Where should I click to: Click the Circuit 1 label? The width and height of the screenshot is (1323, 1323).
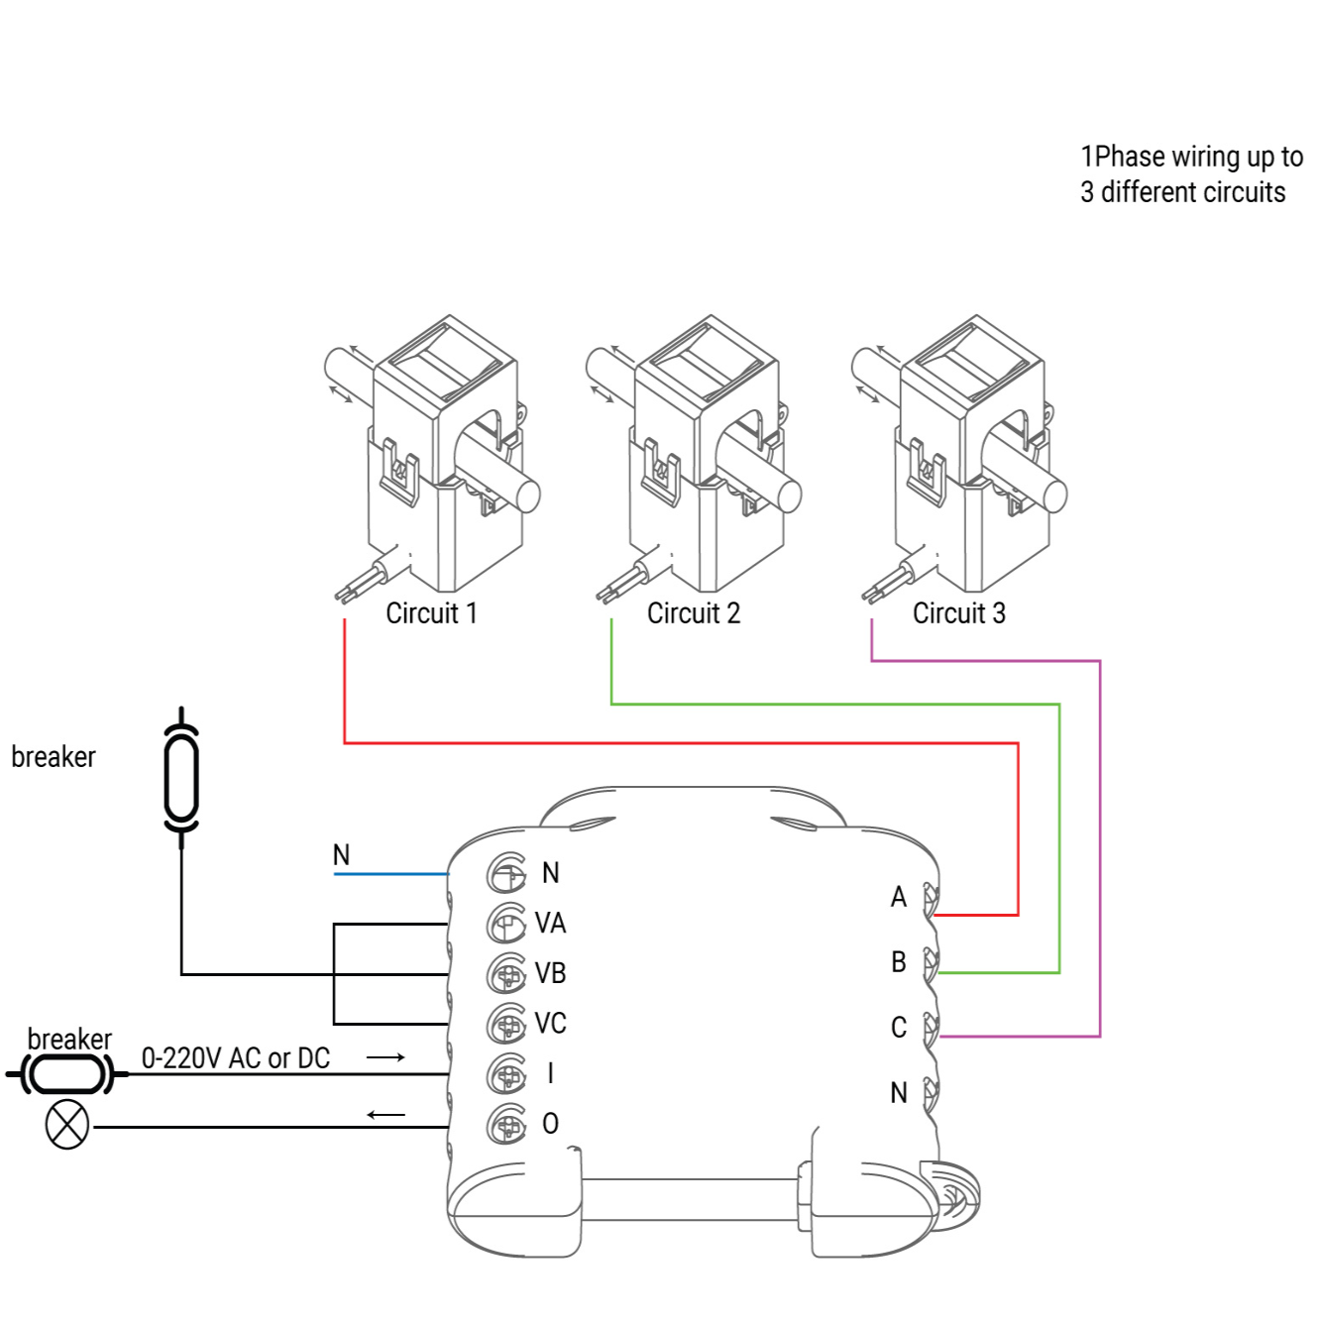[x=431, y=613]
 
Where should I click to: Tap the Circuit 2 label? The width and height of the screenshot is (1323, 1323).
[x=693, y=613]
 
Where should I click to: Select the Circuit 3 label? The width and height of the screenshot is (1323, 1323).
[x=958, y=613]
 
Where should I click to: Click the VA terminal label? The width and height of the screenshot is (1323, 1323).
[x=550, y=924]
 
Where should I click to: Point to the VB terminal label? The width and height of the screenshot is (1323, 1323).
[x=550, y=973]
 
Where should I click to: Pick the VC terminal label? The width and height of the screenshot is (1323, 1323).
[x=550, y=1023]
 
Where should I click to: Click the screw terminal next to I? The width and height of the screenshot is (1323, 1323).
[x=506, y=1073]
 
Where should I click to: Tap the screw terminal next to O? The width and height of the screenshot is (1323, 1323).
[x=506, y=1124]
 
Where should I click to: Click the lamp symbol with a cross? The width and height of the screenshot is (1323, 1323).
[x=67, y=1126]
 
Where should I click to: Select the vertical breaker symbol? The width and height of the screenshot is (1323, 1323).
[x=181, y=777]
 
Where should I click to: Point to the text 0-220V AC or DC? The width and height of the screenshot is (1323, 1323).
[x=236, y=1058]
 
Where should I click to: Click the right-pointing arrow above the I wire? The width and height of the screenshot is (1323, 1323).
[x=386, y=1057]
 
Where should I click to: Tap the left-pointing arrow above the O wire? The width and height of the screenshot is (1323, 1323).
[x=386, y=1115]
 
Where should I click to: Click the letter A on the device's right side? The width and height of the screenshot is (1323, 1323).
[x=898, y=898]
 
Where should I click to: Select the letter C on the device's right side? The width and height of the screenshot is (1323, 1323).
[x=898, y=1028]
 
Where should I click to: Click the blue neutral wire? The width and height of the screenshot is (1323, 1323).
[x=391, y=874]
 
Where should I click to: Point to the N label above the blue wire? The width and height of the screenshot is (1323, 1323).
[x=341, y=854]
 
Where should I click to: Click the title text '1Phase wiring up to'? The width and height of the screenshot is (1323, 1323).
[x=1191, y=157]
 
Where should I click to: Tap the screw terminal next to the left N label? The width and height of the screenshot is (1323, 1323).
[x=506, y=873]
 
